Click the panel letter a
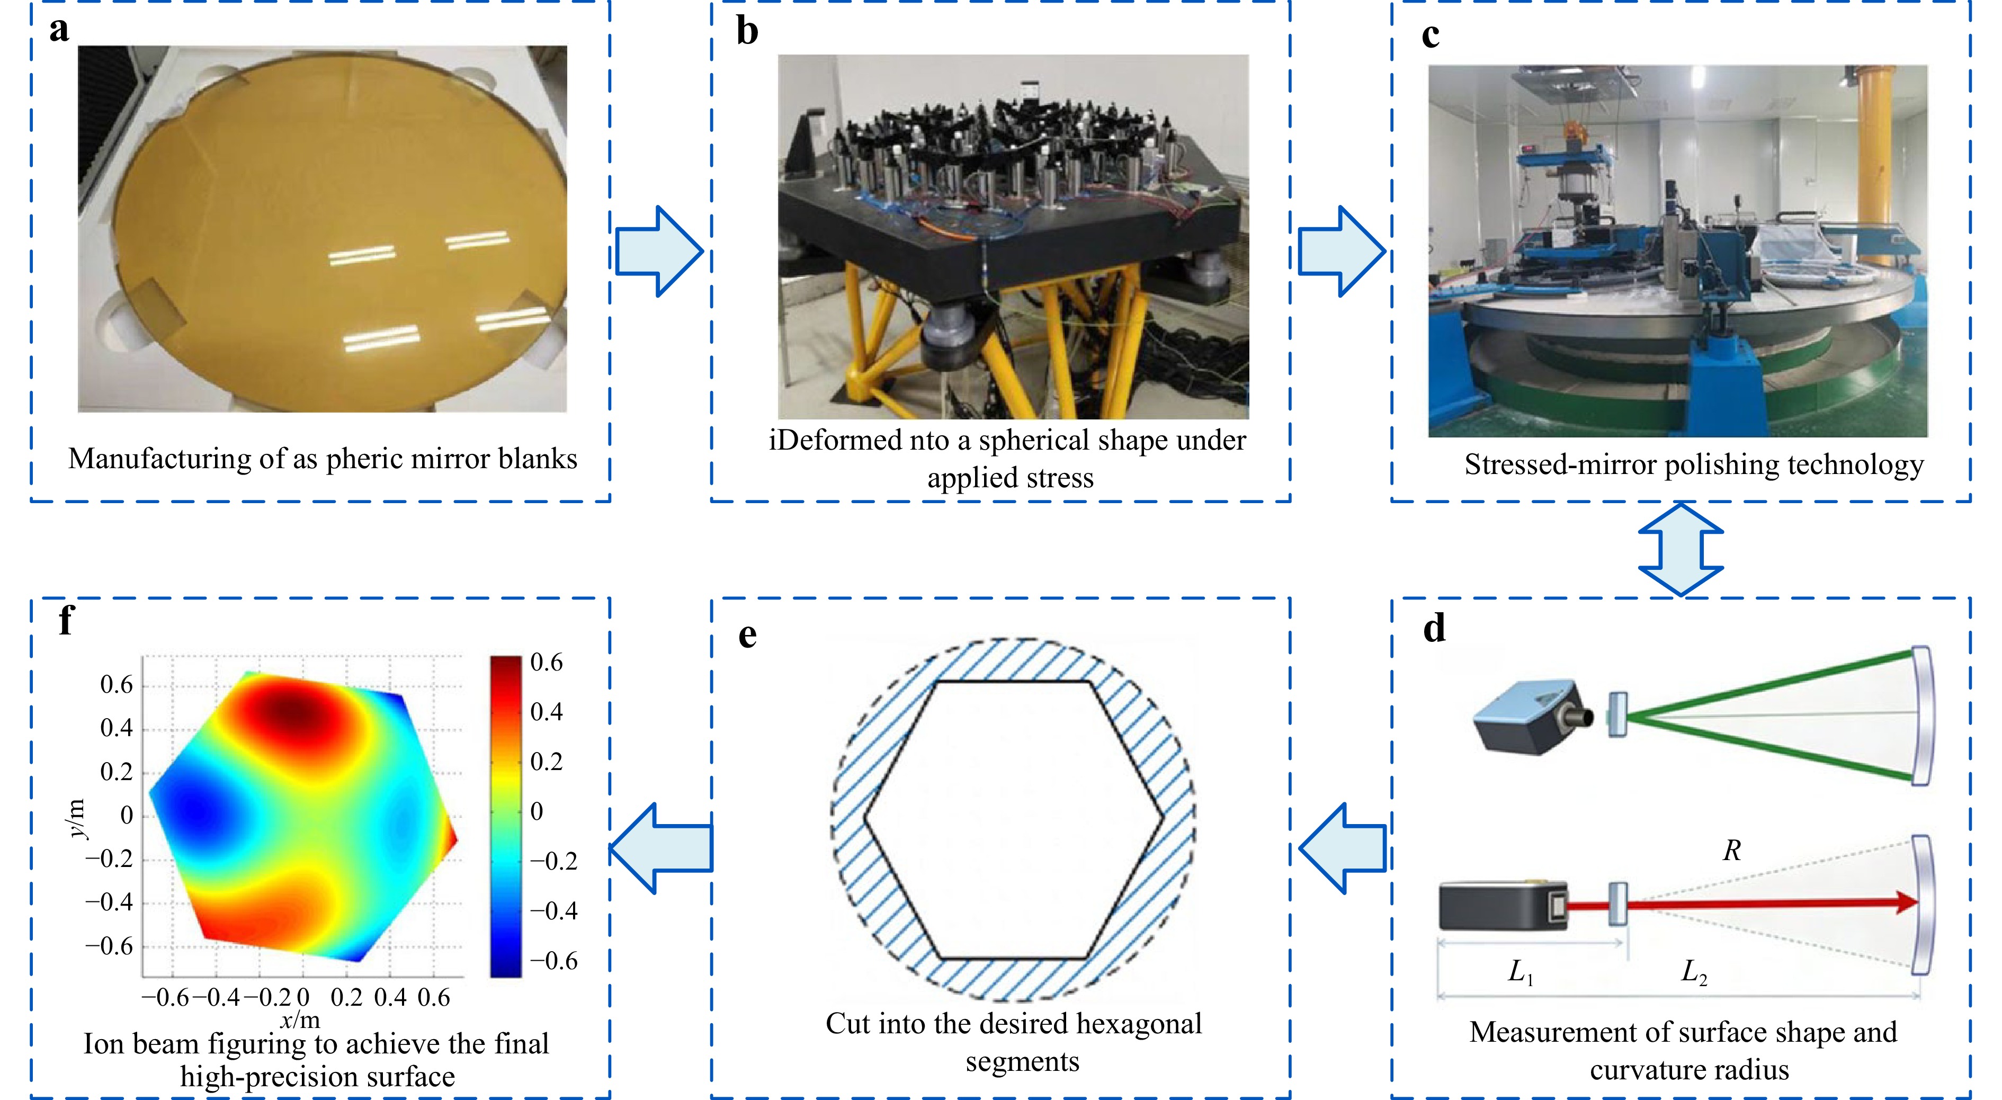[59, 31]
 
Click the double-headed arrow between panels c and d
[1680, 549]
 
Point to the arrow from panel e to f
[660, 847]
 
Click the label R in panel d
[1731, 851]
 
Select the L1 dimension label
[1520, 972]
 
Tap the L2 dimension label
[1694, 972]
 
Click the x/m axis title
[300, 1019]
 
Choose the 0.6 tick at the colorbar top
[547, 663]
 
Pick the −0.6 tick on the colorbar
[553, 961]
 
